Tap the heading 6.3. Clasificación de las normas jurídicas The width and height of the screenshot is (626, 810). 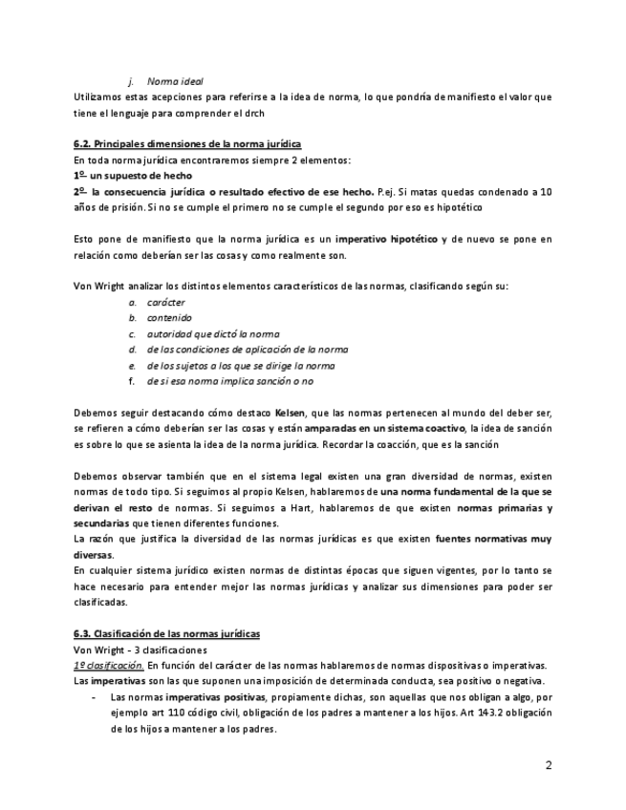point(166,633)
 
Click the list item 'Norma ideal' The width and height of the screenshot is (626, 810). point(175,81)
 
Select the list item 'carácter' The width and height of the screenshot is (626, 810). point(165,302)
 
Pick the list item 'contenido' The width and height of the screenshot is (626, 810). point(168,318)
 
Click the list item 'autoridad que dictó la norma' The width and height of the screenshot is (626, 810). point(212,333)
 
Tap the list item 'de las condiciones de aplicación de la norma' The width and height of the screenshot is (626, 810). point(247,350)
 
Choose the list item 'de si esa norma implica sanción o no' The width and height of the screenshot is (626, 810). point(229,381)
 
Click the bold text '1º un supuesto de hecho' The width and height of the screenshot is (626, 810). point(132,176)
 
